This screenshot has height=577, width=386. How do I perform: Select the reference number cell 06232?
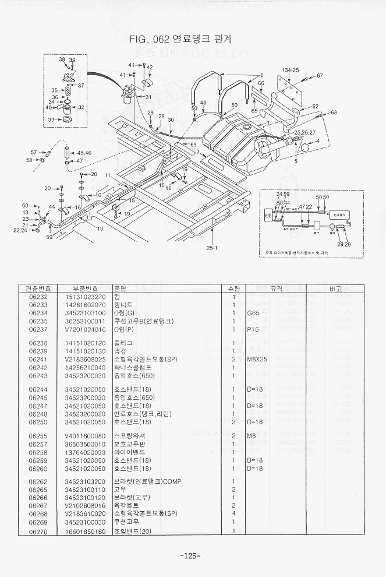37,297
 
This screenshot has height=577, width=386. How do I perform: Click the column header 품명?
121,288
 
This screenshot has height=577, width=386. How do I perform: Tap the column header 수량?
233,288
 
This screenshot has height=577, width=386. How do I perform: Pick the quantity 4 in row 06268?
233,513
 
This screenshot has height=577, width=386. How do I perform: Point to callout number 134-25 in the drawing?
291,70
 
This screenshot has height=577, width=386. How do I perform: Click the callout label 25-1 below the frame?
212,248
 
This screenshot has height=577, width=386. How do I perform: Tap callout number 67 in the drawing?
320,76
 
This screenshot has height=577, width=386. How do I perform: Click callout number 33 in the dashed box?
51,119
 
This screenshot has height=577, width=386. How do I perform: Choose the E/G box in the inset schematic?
268,214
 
